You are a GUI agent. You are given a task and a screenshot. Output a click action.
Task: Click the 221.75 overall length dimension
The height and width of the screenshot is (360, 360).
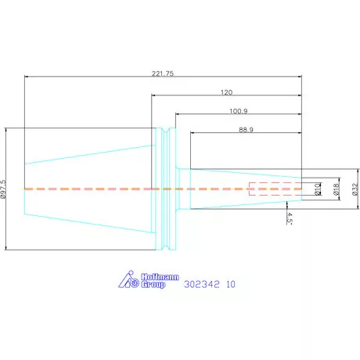(x=163, y=74)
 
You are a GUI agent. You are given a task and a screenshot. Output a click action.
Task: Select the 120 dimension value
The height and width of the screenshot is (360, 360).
(x=226, y=92)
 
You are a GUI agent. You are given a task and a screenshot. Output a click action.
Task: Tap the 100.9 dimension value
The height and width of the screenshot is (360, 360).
(x=239, y=111)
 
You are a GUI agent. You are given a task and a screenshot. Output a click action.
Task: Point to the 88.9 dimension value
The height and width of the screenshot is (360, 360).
(x=246, y=130)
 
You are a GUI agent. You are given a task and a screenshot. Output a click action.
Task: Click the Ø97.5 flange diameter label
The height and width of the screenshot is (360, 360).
(x=3, y=189)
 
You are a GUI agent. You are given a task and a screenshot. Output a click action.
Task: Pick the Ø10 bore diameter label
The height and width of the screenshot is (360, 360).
(x=318, y=189)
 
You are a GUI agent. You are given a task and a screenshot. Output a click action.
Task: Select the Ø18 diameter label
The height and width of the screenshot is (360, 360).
(x=337, y=189)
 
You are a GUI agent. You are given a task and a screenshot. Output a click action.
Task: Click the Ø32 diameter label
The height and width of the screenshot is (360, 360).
(x=355, y=189)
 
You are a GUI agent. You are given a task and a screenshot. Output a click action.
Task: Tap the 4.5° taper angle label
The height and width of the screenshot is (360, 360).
(x=290, y=218)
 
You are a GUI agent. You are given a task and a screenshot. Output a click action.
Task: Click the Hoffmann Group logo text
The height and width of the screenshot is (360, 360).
(x=160, y=281)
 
